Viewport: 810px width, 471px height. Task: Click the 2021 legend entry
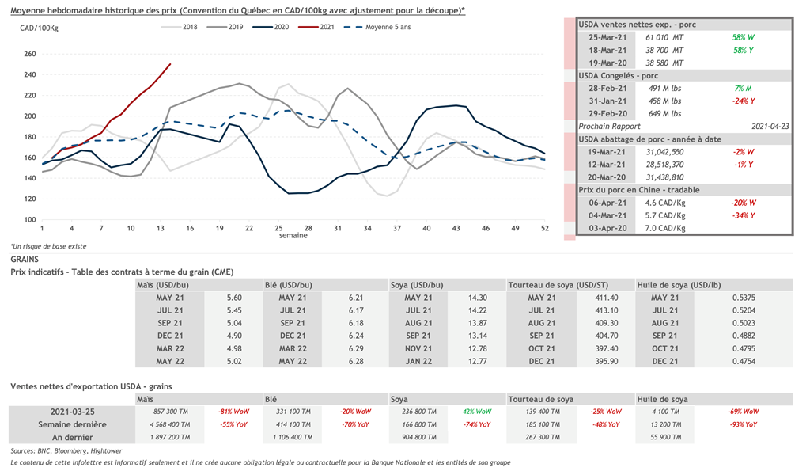(x=326, y=27)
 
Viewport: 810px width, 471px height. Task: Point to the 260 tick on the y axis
(x=30, y=54)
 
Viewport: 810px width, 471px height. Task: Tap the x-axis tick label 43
(x=456, y=228)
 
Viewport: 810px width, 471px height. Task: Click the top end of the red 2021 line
(x=170, y=64)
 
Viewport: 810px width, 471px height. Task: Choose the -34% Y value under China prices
(x=742, y=215)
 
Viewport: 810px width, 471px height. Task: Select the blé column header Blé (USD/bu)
(x=289, y=284)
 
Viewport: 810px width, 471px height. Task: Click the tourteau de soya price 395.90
(x=596, y=361)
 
